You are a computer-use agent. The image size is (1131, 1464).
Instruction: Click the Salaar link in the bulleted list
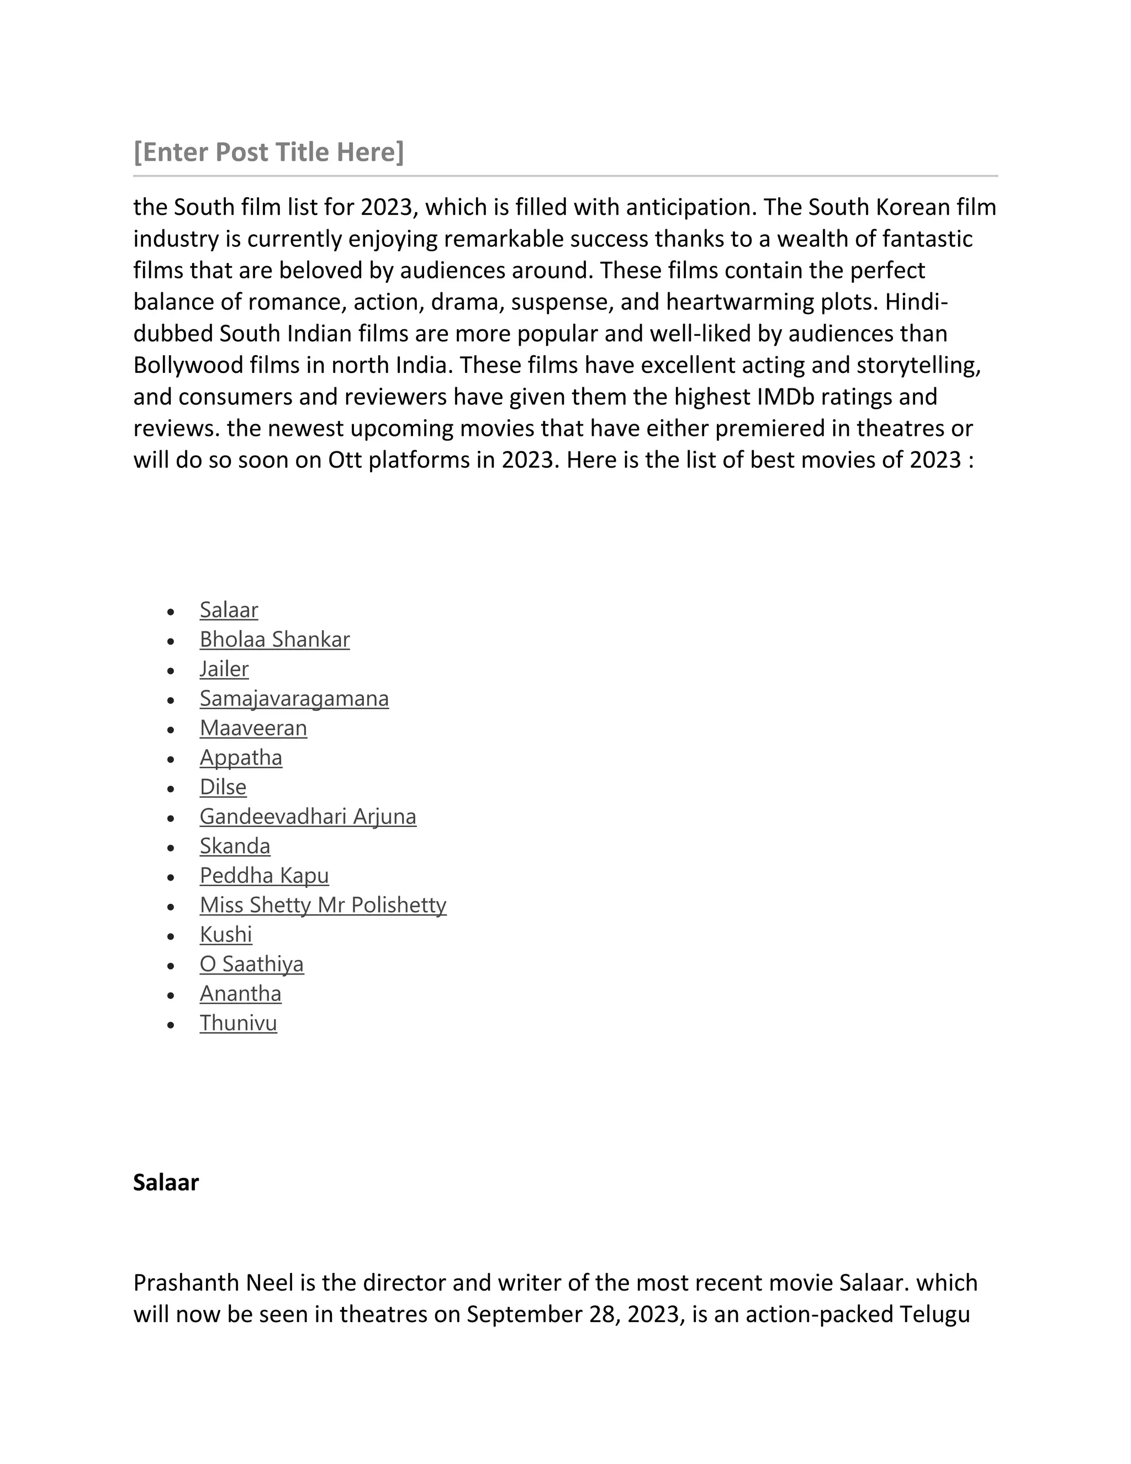pyautogui.click(x=229, y=610)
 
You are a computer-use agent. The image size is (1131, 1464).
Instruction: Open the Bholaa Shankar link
pyautogui.click(x=274, y=640)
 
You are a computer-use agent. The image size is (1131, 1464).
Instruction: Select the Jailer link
pyautogui.click(x=224, y=669)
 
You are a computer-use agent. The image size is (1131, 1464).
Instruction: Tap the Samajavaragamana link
pyautogui.click(x=293, y=698)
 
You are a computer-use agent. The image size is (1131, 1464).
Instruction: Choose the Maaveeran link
pyautogui.click(x=253, y=728)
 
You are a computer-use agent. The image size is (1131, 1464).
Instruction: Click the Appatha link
pyautogui.click(x=241, y=757)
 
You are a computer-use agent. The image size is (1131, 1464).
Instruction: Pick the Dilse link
pyautogui.click(x=223, y=787)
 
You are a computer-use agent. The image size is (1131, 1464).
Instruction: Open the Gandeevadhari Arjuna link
pyautogui.click(x=308, y=817)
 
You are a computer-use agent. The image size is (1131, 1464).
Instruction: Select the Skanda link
pyautogui.click(x=235, y=846)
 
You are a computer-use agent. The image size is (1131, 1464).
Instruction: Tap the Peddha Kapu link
pyautogui.click(x=264, y=876)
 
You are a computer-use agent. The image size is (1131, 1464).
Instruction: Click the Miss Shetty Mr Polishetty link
pyautogui.click(x=323, y=905)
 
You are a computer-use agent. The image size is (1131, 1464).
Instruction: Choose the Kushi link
pyautogui.click(x=226, y=934)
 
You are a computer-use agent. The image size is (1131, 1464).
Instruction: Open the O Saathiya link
pyautogui.click(x=251, y=964)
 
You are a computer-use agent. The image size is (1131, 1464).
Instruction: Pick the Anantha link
pyautogui.click(x=240, y=993)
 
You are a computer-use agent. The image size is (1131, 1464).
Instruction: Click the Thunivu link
pyautogui.click(x=238, y=1023)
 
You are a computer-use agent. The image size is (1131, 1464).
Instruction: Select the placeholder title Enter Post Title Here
pyautogui.click(x=269, y=152)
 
